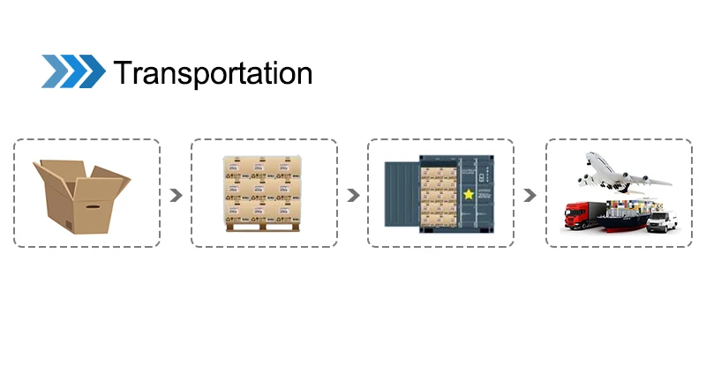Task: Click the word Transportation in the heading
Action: point(212,72)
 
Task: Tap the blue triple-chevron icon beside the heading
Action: point(72,71)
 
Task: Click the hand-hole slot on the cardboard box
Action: point(91,208)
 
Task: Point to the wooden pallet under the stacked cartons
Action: point(263,228)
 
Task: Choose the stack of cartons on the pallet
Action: point(263,190)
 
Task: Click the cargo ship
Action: point(621,220)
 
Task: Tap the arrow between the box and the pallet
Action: point(176,195)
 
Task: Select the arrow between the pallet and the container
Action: point(352,195)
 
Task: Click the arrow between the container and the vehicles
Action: point(529,195)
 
